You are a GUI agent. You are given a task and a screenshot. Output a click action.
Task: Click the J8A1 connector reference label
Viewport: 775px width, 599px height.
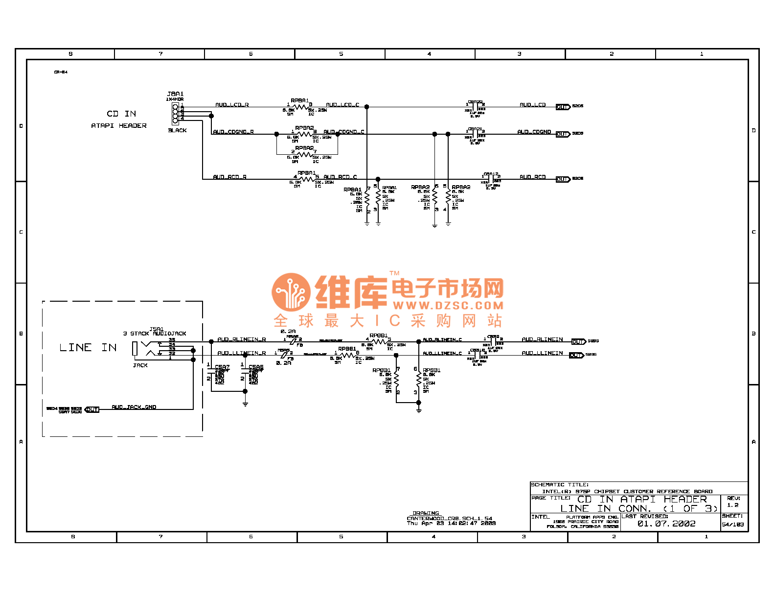tap(175, 94)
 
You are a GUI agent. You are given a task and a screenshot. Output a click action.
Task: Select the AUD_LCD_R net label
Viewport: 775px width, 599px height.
tap(232, 105)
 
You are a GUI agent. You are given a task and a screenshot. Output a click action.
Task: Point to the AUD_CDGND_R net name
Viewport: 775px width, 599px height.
tap(233, 132)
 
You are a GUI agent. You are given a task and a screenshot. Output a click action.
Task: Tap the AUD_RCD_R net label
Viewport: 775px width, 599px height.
tap(229, 177)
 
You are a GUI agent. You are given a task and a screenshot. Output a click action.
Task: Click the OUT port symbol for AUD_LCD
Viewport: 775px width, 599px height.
tap(563, 107)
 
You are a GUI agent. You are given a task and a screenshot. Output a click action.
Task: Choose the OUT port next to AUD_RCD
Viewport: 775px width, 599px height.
tap(563, 179)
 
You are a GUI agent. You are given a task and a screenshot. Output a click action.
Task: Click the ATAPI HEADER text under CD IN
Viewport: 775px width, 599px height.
tap(119, 126)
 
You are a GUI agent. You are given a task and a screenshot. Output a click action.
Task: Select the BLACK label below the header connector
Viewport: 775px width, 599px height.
tap(177, 130)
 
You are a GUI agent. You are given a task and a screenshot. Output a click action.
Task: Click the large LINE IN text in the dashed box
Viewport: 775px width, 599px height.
tap(88, 348)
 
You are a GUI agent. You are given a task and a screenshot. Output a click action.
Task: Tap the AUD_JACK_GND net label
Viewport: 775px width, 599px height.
tap(134, 407)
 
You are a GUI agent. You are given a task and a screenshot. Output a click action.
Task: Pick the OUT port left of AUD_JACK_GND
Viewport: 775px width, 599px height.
tap(92, 409)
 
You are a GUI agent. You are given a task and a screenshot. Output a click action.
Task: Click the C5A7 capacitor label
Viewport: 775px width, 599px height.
tap(222, 367)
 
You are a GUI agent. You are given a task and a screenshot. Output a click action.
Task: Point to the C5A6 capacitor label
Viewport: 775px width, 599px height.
tap(256, 367)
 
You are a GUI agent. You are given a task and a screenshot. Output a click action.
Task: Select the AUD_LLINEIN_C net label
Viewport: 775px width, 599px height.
tap(442, 353)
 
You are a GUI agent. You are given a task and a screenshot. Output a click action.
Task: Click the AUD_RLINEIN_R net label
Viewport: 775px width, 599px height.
tap(242, 339)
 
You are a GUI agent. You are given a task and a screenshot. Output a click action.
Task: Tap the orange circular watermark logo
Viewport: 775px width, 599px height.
tap(291, 292)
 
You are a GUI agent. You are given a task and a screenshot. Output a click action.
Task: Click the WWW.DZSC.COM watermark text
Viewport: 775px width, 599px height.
tap(448, 306)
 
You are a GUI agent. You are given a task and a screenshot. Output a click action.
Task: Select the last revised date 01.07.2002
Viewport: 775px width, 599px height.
tap(666, 524)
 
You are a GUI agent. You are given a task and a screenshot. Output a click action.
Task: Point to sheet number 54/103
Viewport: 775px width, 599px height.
tap(733, 525)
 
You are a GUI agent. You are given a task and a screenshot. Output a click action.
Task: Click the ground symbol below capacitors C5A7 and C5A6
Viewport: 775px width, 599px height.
tap(245, 404)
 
